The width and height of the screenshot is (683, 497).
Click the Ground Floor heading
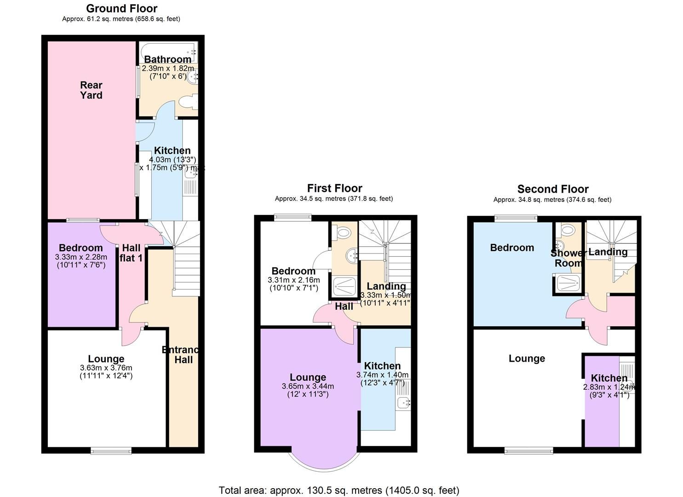point(121,8)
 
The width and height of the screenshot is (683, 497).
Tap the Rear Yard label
point(91,90)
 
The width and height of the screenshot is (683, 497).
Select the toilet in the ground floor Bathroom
point(190,102)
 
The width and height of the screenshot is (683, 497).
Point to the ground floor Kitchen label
point(172,150)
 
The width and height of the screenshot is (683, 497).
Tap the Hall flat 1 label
point(131,253)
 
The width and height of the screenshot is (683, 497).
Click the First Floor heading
point(334,188)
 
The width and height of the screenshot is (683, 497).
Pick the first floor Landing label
point(386,286)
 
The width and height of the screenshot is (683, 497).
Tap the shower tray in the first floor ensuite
point(344,286)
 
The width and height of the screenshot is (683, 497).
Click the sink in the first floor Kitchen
point(404,402)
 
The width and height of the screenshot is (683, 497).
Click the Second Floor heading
point(553,189)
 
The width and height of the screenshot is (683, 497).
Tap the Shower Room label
point(568,258)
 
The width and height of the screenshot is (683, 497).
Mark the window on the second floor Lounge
point(529,450)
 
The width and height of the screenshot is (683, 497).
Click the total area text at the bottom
point(339,490)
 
